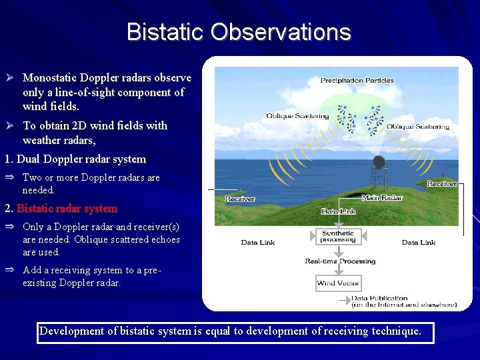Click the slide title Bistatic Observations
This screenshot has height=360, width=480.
[239, 32]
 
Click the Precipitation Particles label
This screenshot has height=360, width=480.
[357, 81]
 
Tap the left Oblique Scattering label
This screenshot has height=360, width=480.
[297, 116]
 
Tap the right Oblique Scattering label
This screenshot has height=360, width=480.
[418, 127]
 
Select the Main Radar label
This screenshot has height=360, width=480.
[382, 198]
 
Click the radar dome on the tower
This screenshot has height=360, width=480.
[379, 162]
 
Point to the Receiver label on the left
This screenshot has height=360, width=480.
[240, 199]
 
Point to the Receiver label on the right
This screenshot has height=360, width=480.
[441, 183]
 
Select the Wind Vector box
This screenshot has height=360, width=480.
[338, 283]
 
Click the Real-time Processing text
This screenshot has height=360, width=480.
[340, 261]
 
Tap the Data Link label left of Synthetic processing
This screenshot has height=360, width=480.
[258, 243]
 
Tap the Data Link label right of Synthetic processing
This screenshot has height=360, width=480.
[419, 243]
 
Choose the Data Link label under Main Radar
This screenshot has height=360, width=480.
[339, 211]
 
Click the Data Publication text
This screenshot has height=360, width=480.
[379, 298]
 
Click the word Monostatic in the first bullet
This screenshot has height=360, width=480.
[53, 78]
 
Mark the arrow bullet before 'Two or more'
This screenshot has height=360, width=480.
[10, 177]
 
